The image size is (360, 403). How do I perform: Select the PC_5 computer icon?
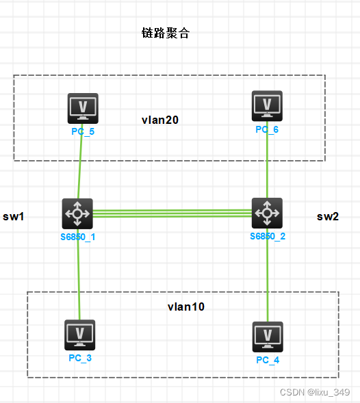tap(83, 108)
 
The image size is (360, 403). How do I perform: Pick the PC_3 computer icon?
tap(79, 334)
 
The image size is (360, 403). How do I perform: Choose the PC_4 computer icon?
tap(268, 336)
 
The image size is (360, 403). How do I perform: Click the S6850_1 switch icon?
tap(77, 213)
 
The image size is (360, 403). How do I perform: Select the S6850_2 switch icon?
tap(267, 213)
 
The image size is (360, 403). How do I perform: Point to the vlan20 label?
tap(160, 120)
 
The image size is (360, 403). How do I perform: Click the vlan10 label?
tap(186, 307)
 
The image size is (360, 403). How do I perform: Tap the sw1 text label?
tap(14, 217)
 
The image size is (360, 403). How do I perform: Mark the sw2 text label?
tap(328, 217)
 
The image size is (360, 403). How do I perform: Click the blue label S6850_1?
tap(77, 237)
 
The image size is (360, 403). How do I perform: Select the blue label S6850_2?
tap(268, 236)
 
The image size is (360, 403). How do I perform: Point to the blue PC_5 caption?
tap(83, 131)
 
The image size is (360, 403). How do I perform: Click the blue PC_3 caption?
tap(79, 358)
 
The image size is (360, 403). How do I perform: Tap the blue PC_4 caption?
tap(268, 360)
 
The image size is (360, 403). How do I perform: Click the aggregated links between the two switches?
tap(172, 213)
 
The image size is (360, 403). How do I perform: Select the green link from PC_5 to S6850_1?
tap(80, 168)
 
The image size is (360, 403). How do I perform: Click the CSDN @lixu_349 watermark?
tap(315, 392)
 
